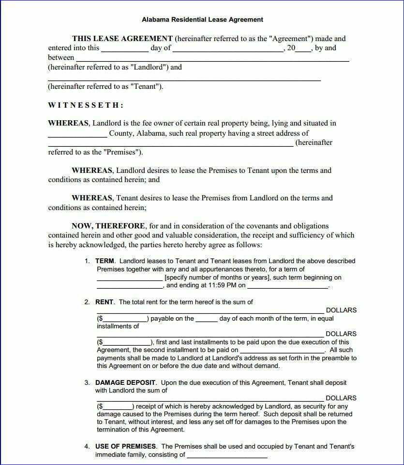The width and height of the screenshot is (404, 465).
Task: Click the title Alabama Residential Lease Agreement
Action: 202,20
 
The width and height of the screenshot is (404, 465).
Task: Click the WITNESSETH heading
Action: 86,105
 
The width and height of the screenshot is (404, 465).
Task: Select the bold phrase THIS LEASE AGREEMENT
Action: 122,39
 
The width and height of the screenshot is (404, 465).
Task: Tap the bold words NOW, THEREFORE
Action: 108,226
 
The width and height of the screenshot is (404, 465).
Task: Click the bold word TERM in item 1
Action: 105,261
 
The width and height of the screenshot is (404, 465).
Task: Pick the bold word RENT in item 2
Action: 105,302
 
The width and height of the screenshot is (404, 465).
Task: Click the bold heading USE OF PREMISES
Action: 126,447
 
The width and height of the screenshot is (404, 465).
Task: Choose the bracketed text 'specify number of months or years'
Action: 217,278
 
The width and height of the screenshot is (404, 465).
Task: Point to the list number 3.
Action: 87,383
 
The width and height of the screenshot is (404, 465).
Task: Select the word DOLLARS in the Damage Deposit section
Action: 341,398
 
